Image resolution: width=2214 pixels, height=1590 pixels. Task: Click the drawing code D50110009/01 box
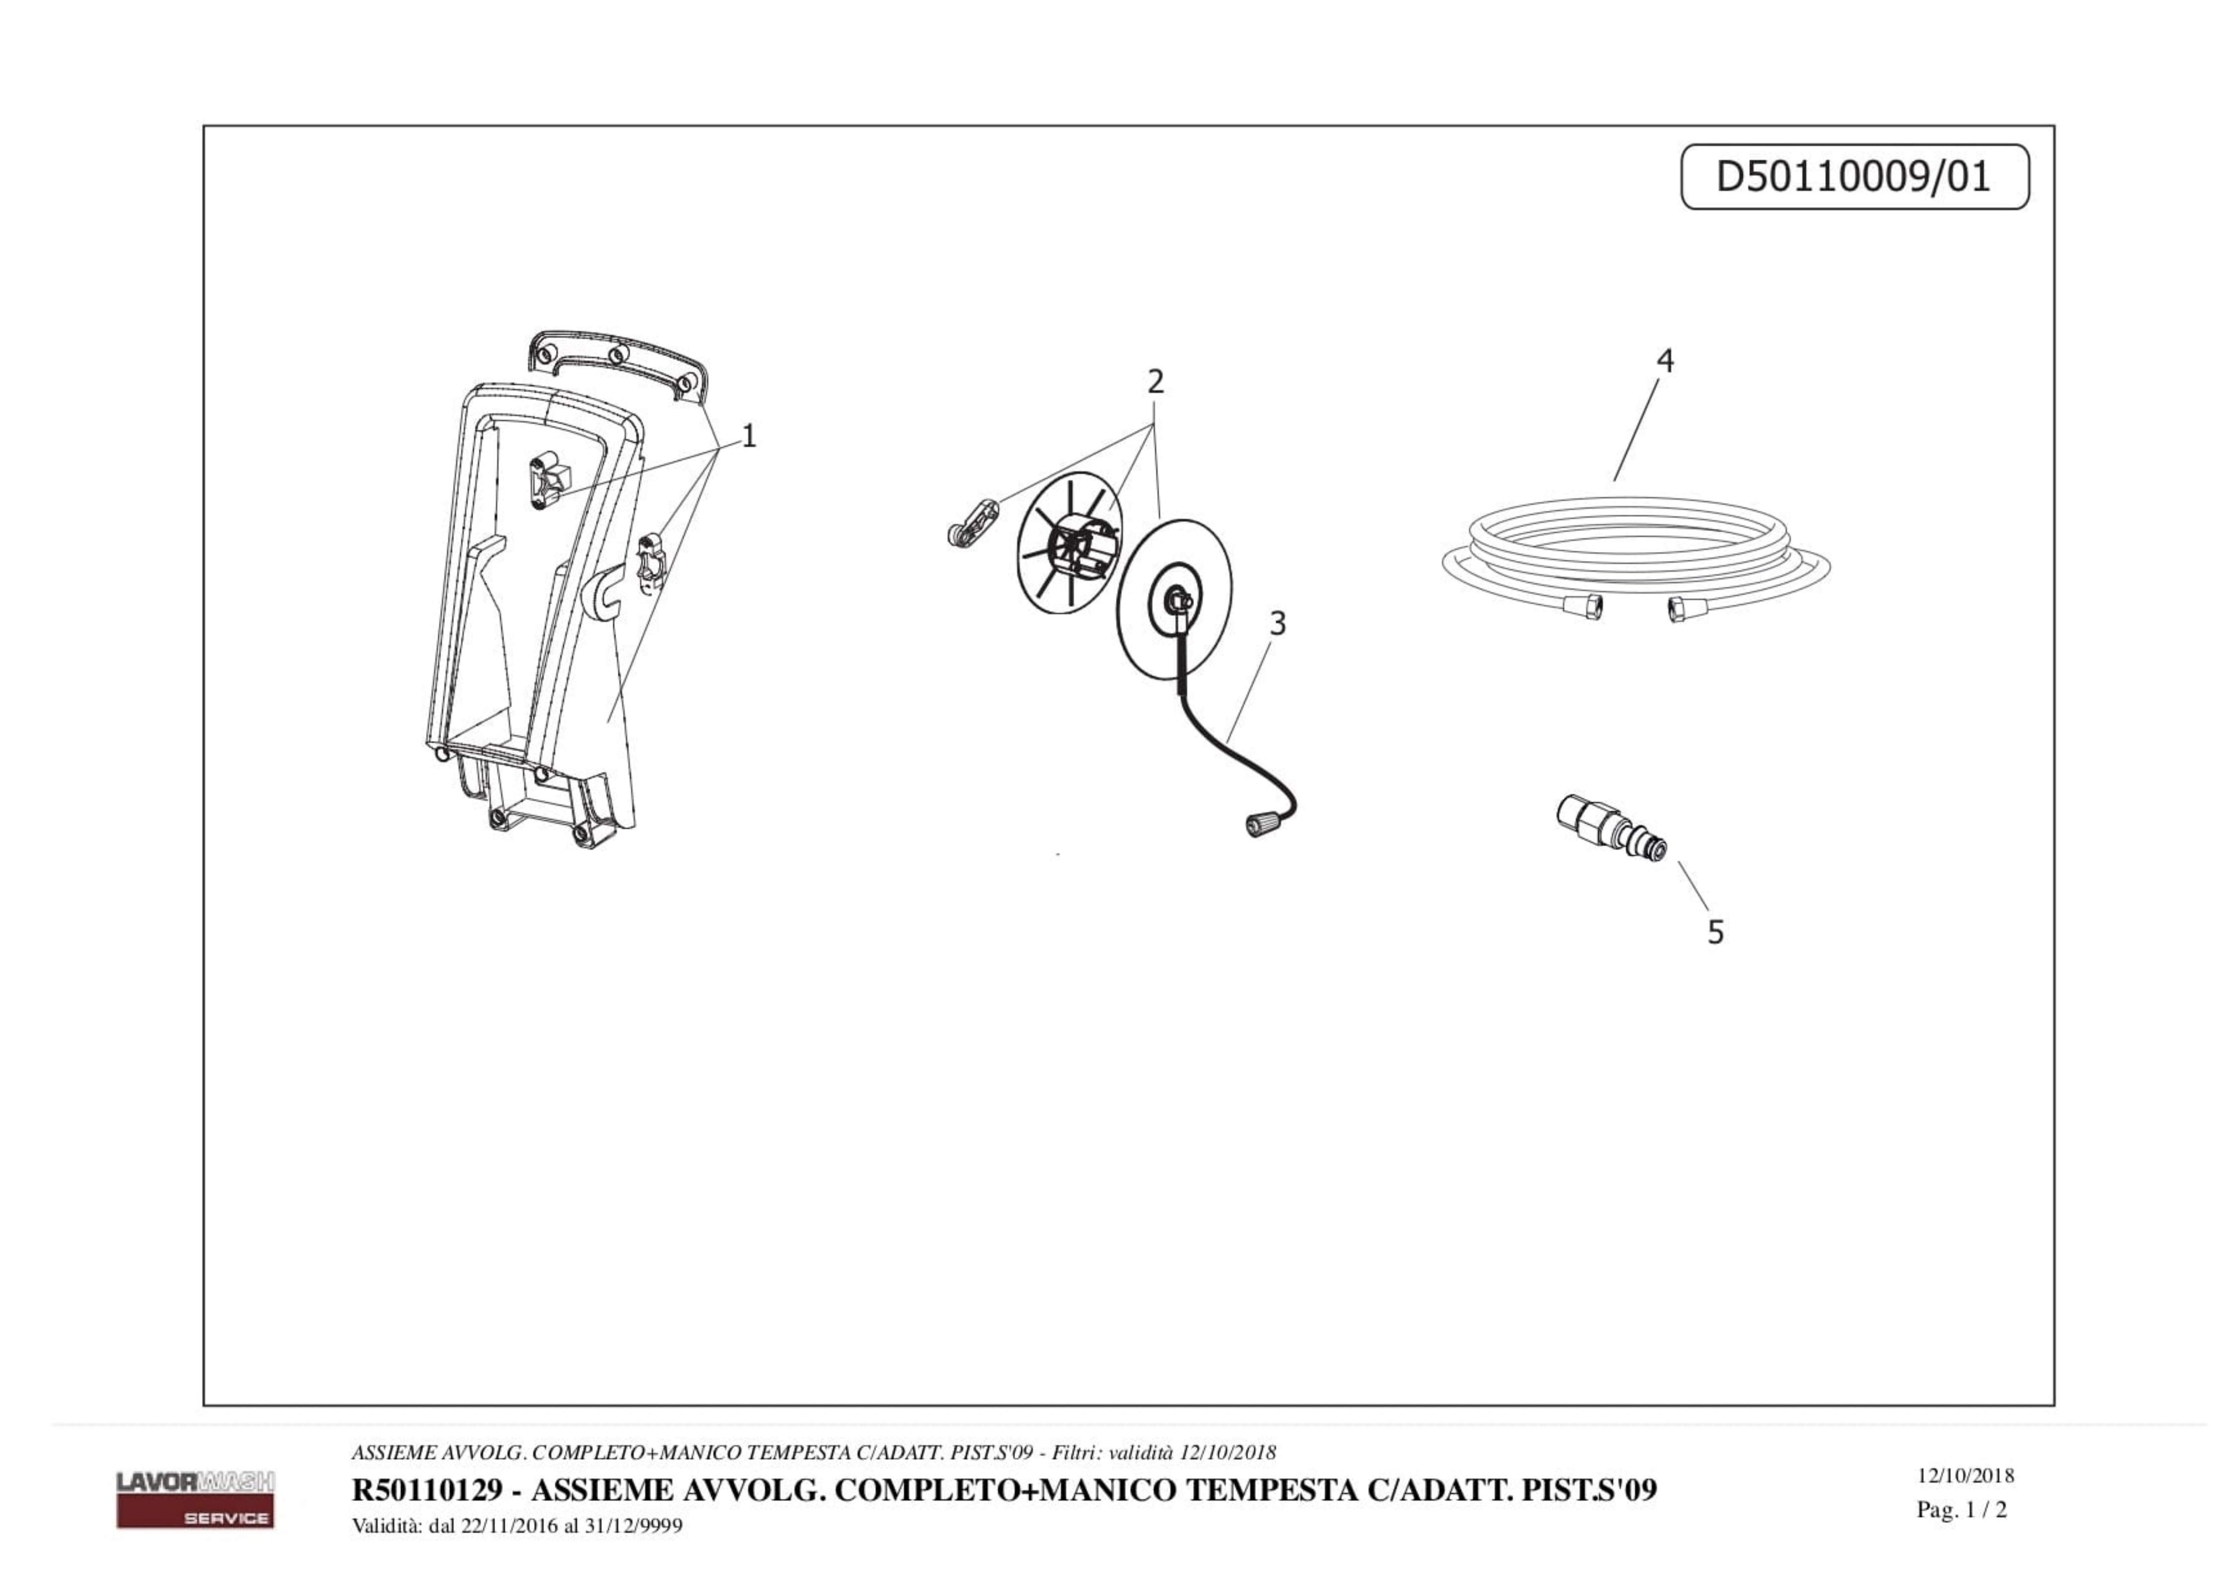pyautogui.click(x=1855, y=177)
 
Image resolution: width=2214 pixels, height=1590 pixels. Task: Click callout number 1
pyautogui.click(x=749, y=435)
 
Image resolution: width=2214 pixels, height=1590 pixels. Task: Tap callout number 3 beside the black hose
pyautogui.click(x=1278, y=623)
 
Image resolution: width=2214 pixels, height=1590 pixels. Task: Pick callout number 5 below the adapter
pyautogui.click(x=1715, y=932)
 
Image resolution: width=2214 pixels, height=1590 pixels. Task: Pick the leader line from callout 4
pyautogui.click(x=1636, y=429)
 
